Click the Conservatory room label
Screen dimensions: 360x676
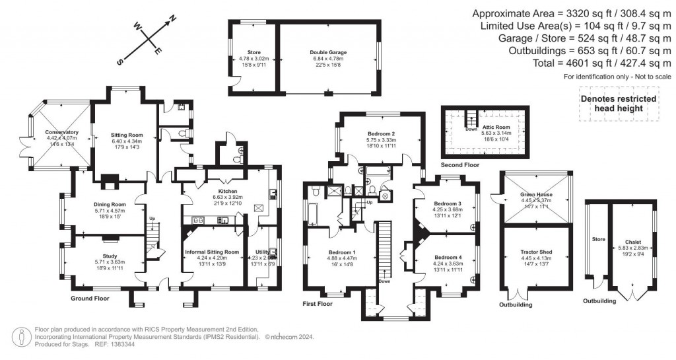[62, 132]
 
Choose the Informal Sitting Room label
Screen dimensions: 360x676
[213, 252]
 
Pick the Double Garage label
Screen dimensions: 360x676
[328, 52]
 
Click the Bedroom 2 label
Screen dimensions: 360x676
[380, 133]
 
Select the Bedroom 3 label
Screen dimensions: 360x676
[447, 203]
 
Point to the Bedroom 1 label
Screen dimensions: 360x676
[342, 252]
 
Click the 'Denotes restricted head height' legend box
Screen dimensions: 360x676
[617, 104]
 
